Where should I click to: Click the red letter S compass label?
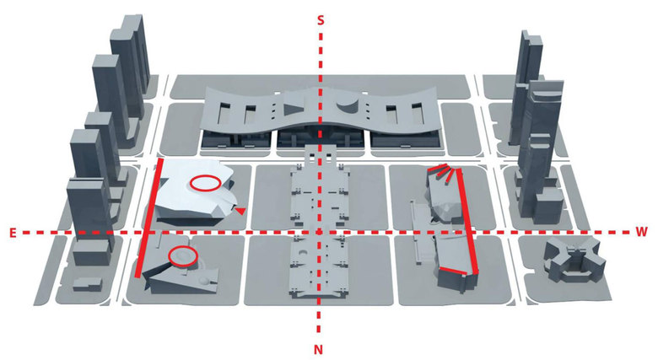click(321, 20)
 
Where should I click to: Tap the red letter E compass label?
click(13, 234)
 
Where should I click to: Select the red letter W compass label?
click(642, 232)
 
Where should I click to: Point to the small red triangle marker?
click(240, 211)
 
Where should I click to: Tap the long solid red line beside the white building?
click(148, 218)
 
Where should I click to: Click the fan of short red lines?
click(443, 173)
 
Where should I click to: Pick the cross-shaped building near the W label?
click(575, 261)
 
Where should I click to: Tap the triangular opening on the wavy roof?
click(294, 108)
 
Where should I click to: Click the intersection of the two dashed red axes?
click(320, 232)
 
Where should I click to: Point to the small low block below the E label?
click(87, 283)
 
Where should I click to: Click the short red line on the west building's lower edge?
click(453, 271)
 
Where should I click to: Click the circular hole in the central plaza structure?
click(305, 254)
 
